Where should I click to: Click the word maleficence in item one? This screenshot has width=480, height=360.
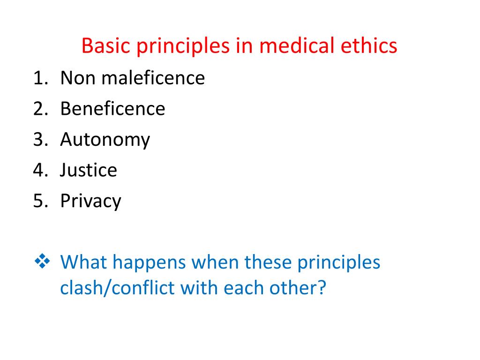click(160, 78)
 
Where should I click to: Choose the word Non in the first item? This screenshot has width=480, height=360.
click(77, 78)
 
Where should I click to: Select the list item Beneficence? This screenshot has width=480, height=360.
click(112, 109)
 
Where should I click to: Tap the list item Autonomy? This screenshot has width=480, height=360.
click(105, 140)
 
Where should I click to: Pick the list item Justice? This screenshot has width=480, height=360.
click(89, 170)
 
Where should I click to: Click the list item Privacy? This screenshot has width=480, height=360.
click(90, 201)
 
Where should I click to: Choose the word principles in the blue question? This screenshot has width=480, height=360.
click(338, 262)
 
